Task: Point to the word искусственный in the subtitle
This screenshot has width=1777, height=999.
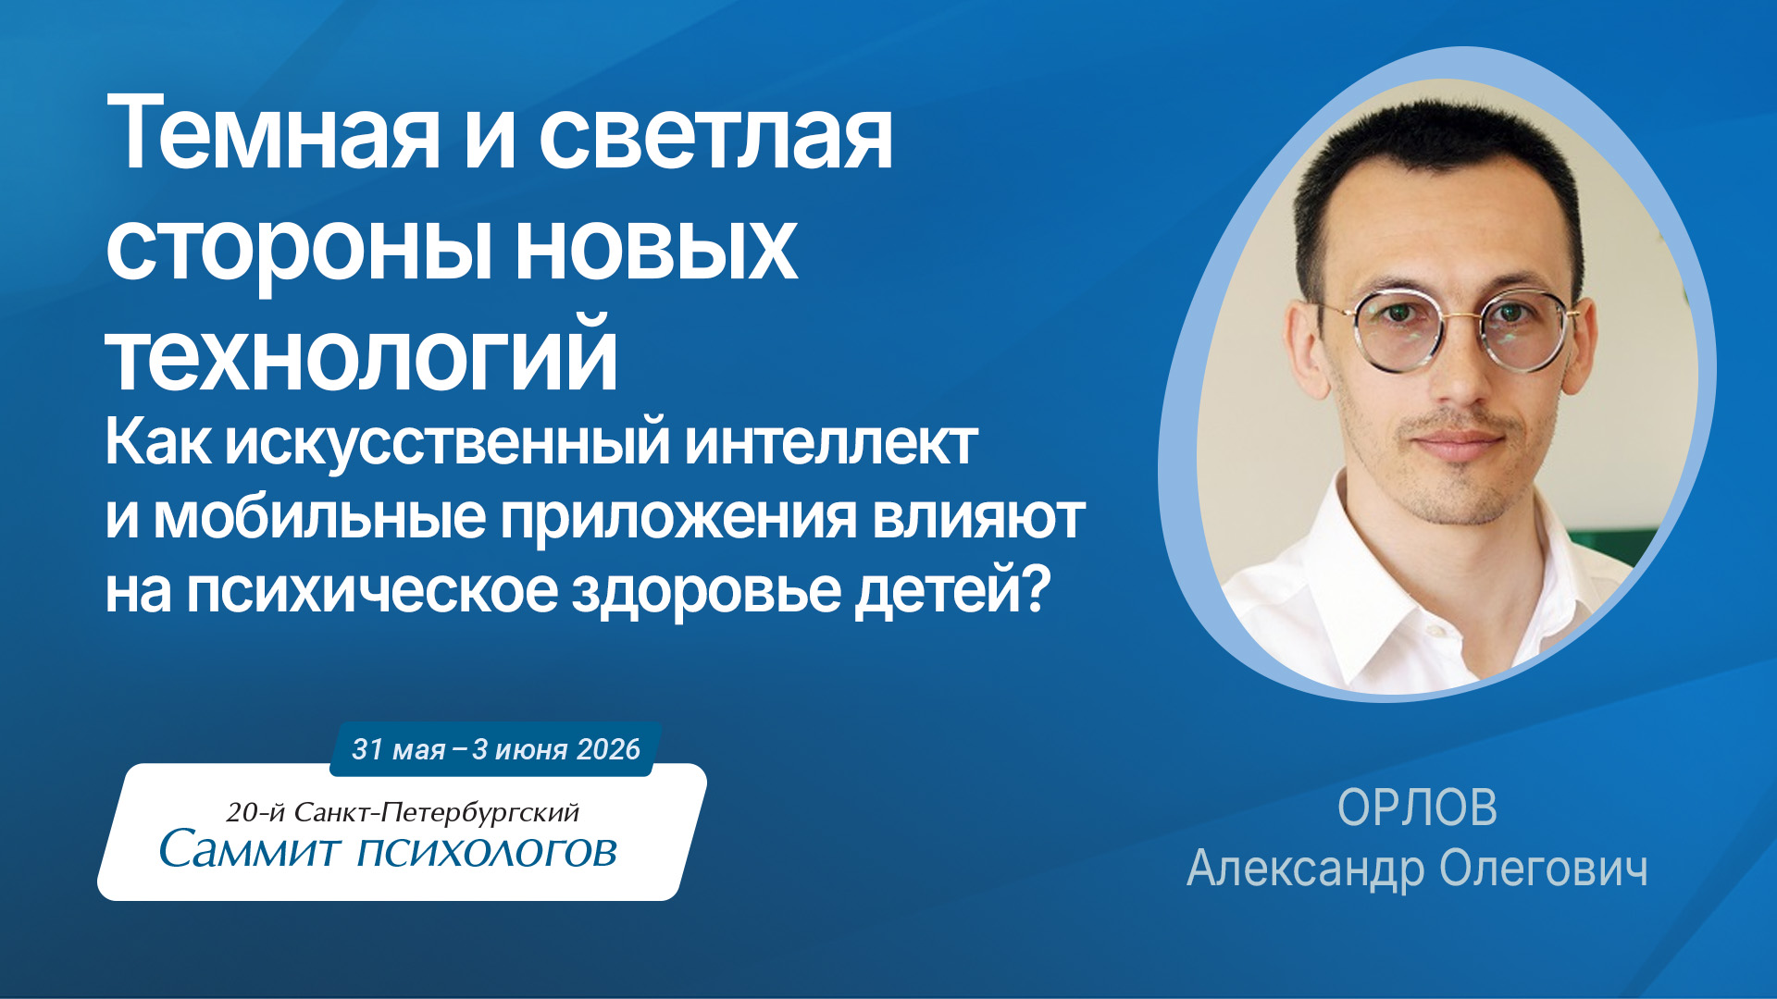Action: point(448,444)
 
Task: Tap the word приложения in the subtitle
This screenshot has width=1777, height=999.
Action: point(678,518)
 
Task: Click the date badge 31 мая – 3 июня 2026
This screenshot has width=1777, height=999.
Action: point(495,748)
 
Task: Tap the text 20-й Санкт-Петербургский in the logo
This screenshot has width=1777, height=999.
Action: point(403,812)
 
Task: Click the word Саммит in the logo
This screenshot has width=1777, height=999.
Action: point(250,848)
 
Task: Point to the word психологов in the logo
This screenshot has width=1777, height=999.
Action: point(487,852)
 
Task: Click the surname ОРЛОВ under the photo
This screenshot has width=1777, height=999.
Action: point(1417,808)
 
